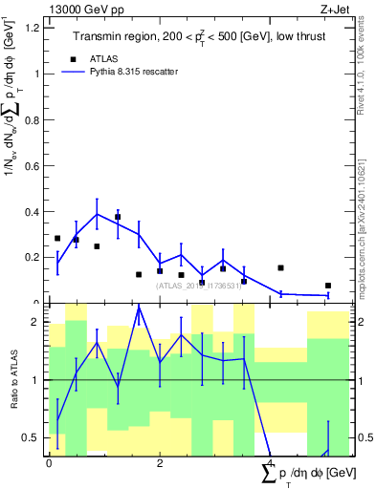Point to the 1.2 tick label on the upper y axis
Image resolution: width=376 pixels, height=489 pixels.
[32, 28]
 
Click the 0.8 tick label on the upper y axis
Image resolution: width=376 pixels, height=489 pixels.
[32, 119]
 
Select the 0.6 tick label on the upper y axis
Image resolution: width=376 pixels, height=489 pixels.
[32, 165]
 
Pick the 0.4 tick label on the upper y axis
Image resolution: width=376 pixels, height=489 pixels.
[32, 211]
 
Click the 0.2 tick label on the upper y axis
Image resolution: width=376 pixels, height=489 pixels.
[32, 257]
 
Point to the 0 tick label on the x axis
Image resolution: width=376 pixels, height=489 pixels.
[49, 463]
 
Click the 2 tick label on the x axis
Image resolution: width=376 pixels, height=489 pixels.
[160, 463]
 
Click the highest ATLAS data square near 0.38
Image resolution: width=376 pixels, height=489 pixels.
[118, 217]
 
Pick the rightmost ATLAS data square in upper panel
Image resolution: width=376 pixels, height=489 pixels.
[328, 286]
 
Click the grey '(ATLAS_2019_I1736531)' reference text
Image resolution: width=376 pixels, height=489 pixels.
[199, 285]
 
